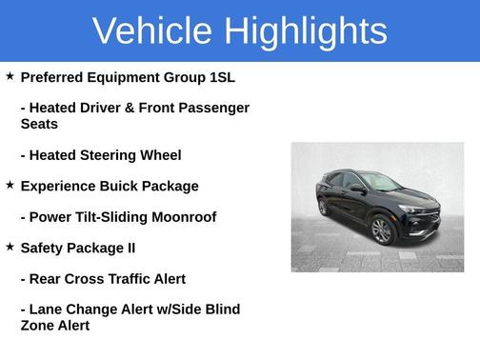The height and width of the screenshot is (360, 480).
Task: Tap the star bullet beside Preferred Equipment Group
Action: pyautogui.click(x=10, y=75)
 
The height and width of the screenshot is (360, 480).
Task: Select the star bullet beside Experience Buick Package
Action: pyautogui.click(x=10, y=184)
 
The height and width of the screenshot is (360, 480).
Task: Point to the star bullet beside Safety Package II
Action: pyautogui.click(x=10, y=246)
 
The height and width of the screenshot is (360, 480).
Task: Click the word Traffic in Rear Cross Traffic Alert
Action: pyautogui.click(x=132, y=279)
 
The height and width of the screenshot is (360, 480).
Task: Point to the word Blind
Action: pyautogui.click(x=220, y=310)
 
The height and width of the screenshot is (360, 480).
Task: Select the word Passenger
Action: pyautogui.click(x=214, y=109)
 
